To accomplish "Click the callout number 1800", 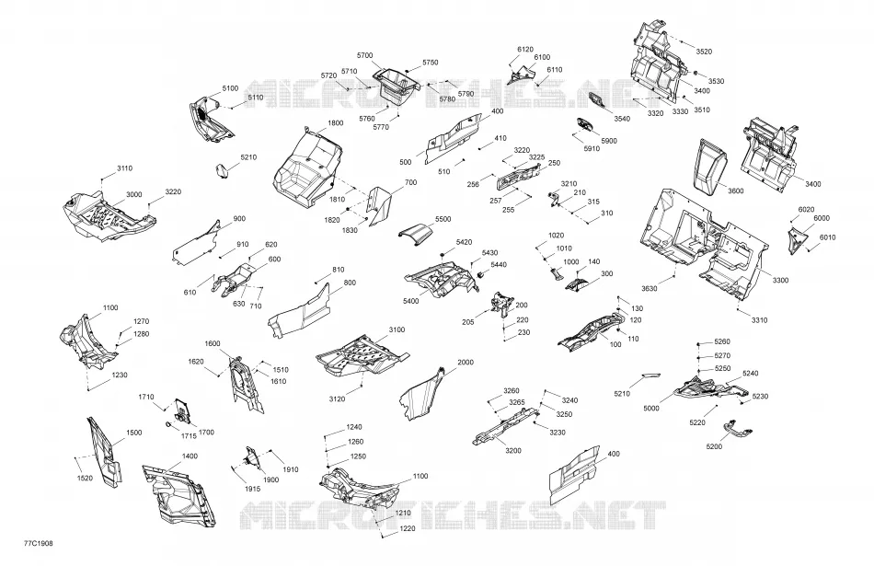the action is (336, 122).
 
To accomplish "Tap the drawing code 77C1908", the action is (39, 543).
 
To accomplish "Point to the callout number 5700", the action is (364, 55).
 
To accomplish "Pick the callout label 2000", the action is (466, 362).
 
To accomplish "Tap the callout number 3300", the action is (780, 280).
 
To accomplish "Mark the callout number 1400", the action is (190, 456).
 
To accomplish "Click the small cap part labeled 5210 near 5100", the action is (223, 170).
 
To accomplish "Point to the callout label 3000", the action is (133, 194).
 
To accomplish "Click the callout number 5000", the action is (651, 409).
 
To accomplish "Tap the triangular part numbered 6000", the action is (796, 238).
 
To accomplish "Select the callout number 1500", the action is (133, 433).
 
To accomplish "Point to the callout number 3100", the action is (397, 329).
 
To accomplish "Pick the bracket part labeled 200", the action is (501, 305).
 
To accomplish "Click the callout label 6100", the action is (542, 57).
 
